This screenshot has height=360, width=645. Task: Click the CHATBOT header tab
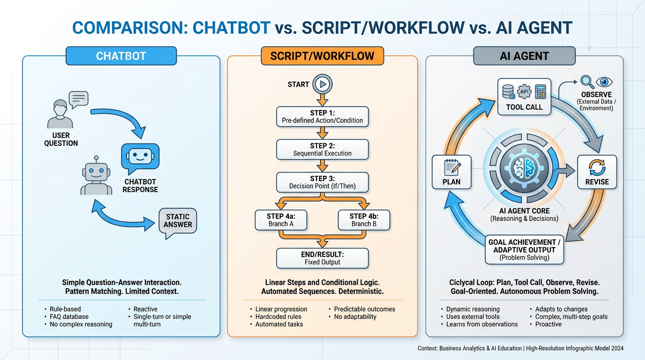[121, 56]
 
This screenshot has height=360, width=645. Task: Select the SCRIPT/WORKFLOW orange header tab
[322, 56]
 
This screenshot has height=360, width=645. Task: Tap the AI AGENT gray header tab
[524, 56]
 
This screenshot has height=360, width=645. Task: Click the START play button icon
[322, 84]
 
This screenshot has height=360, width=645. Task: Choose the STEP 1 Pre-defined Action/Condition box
[322, 117]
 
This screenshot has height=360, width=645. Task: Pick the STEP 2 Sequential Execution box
[322, 150]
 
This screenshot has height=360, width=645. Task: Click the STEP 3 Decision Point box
[322, 182]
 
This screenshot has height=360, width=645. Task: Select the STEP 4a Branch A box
[281, 220]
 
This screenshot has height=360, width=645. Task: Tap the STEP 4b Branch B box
[364, 220]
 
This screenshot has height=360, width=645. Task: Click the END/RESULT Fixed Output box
[322, 258]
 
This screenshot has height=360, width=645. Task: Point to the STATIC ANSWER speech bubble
[178, 222]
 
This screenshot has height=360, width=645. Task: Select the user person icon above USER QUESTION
[60, 113]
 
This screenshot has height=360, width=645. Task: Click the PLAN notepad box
[451, 172]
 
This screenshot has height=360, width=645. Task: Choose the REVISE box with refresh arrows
[597, 172]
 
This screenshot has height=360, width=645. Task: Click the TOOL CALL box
[524, 97]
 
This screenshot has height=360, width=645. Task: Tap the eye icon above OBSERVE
[604, 82]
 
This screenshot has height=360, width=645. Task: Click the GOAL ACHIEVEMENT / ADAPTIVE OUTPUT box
[524, 249]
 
